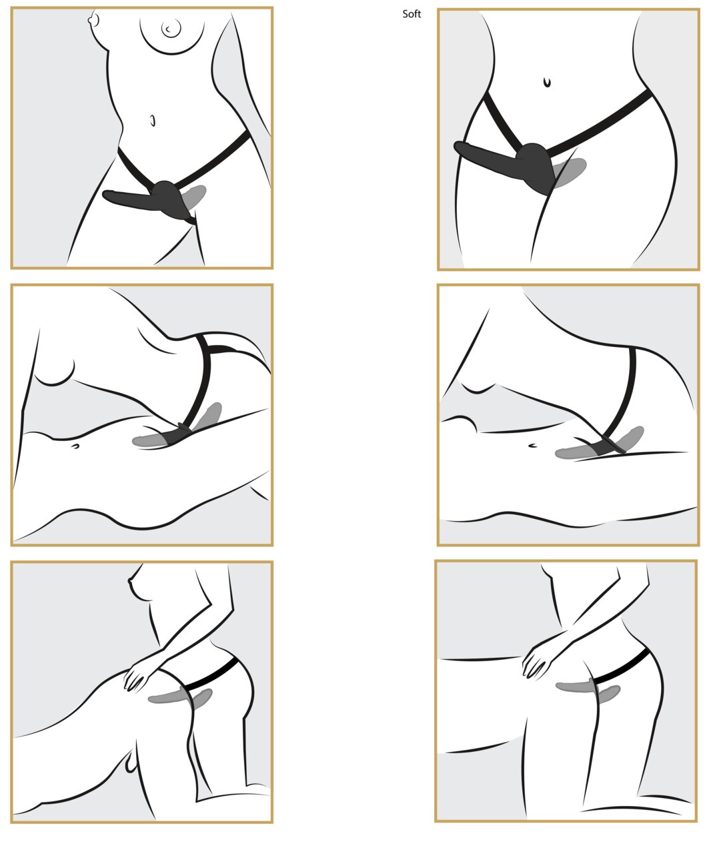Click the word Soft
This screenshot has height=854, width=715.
tap(412, 14)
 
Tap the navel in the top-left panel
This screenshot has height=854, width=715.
tap(153, 121)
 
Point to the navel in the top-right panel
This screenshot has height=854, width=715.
tap(547, 83)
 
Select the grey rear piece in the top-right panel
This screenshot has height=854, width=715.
tap(570, 173)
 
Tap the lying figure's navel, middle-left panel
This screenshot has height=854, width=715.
tap(75, 446)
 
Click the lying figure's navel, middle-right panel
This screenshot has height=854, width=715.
tap(532, 446)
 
